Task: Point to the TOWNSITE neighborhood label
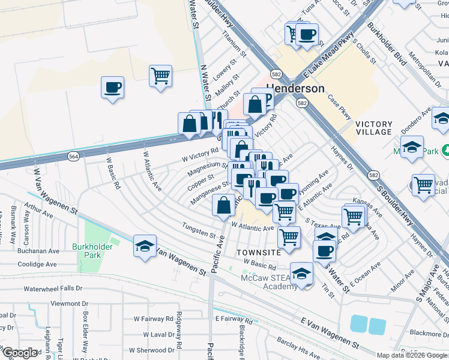tap(259, 252)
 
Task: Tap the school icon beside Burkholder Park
tap(145, 247)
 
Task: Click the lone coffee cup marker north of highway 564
tap(112, 88)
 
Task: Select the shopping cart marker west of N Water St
tap(160, 76)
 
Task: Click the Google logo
tap(20, 353)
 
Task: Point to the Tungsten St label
tap(199, 233)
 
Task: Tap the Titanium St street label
tap(235, 45)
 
